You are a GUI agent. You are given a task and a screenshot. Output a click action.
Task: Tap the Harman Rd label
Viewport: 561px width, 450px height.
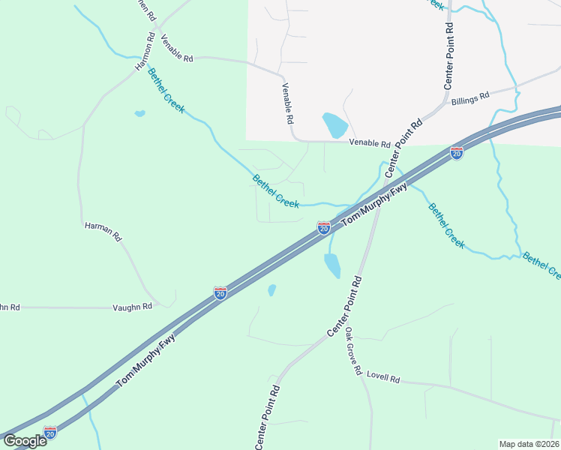click(103, 230)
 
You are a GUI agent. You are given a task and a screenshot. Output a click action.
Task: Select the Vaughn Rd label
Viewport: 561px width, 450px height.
click(132, 307)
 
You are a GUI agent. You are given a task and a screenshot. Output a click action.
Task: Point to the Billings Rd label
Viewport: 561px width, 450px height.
click(470, 97)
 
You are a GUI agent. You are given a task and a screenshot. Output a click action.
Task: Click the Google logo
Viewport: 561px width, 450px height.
click(25, 441)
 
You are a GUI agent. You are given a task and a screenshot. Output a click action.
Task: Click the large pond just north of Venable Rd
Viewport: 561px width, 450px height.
click(334, 124)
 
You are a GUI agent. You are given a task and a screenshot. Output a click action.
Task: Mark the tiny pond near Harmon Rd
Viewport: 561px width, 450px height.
click(139, 114)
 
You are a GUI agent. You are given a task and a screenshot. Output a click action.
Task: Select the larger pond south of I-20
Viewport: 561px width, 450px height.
click(331, 265)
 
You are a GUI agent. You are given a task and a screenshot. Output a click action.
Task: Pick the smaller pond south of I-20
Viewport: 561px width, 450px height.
click(271, 289)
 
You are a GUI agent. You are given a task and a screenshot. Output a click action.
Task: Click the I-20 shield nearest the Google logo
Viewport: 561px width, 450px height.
click(50, 433)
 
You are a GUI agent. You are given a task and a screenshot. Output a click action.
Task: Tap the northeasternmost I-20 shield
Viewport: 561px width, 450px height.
click(456, 152)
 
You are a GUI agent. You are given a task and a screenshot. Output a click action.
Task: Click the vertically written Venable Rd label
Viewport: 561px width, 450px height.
click(287, 103)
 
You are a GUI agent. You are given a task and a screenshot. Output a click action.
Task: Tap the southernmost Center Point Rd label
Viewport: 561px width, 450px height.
click(268, 418)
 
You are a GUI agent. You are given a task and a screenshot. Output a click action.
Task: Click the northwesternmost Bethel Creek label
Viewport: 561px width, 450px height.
click(166, 91)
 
